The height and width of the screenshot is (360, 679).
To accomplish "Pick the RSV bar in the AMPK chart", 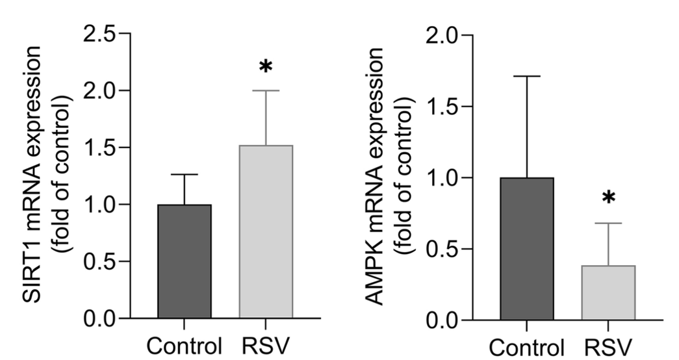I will coord(609,292).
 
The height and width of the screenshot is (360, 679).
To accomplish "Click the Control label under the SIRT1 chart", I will coord(185,345).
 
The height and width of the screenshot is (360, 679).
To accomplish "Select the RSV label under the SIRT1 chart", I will coord(267,345).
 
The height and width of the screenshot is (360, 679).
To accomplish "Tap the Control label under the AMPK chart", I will coord(527,345).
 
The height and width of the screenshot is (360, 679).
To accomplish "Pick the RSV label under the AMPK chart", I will coord(609,345).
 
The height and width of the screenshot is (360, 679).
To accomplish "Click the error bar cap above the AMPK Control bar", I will coord(527,76).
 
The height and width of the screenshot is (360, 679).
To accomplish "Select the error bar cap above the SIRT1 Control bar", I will coord(185,174).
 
